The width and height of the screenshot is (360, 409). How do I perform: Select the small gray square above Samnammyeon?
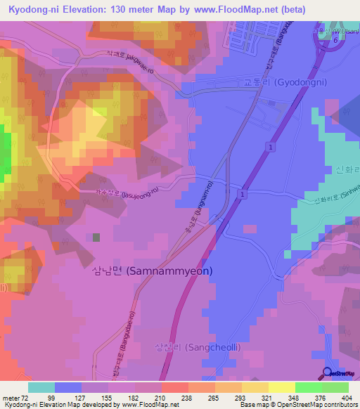coord(96,238)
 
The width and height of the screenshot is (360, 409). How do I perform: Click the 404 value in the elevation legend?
coord(345,398)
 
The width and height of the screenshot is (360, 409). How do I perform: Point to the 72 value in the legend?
coord(25,398)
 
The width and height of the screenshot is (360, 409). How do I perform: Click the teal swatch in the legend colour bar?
coord(41,387)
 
